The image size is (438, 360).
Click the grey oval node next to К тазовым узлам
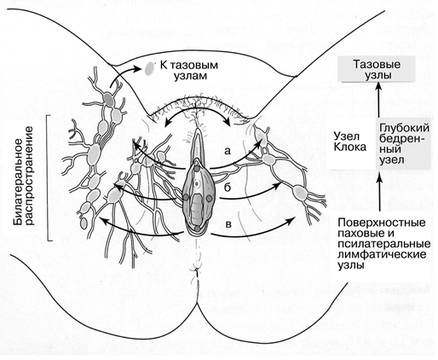pyautogui.click(x=149, y=69)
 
